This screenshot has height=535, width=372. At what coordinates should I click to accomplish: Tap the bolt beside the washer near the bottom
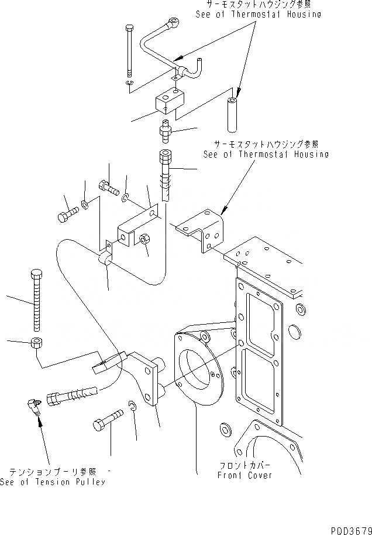click(108, 421)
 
